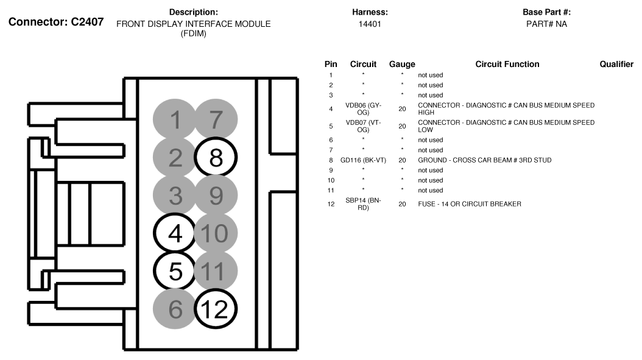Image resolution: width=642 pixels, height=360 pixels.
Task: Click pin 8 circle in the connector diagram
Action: pos(216,157)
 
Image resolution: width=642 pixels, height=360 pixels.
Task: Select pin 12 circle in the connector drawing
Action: pos(216,309)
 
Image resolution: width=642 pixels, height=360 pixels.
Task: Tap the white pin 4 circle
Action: pos(175,233)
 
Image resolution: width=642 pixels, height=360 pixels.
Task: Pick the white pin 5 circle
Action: pos(175,270)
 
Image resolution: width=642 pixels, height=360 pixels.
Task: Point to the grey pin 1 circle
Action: pos(175,119)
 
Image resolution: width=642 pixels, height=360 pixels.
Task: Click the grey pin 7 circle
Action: pos(216,119)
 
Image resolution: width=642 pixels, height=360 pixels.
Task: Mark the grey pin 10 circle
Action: pos(216,233)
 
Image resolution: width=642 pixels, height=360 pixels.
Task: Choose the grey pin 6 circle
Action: pos(175,309)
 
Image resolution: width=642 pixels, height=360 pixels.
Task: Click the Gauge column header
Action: pos(402,65)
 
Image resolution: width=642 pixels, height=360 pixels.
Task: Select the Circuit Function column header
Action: pos(507,64)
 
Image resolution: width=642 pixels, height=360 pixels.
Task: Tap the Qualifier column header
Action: pos(616,64)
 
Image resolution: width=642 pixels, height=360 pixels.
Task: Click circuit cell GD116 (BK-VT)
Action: pos(363,160)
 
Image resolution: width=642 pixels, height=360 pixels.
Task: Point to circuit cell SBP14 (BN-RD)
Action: pos(363,204)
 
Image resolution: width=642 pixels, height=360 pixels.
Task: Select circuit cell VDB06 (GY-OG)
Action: pos(363,109)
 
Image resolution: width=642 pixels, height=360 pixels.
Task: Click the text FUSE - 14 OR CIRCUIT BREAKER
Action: pos(470,204)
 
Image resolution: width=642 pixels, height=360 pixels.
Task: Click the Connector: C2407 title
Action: pos(56,22)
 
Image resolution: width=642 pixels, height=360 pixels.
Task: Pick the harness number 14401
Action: pos(370,24)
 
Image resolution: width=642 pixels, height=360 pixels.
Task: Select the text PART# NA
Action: pos(546,24)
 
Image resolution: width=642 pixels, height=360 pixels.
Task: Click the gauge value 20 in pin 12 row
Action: pos(402,204)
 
